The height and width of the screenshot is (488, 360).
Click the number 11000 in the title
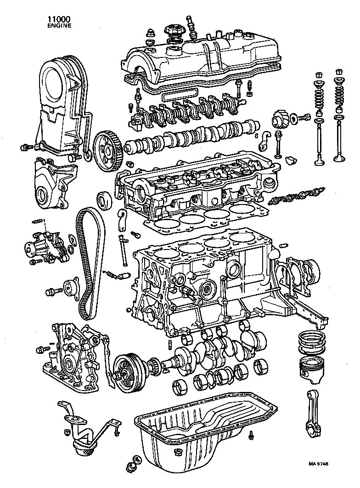click(59, 20)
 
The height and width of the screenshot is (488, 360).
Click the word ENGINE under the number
click(59, 26)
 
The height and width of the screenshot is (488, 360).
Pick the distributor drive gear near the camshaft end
click(281, 120)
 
